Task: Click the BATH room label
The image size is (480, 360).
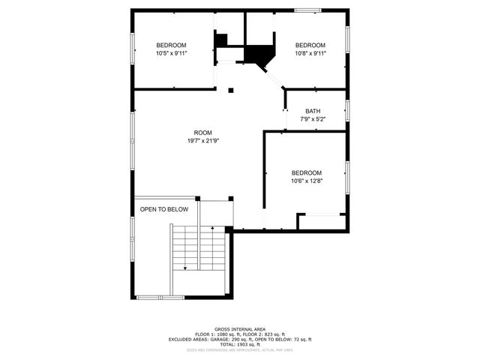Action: [312, 111]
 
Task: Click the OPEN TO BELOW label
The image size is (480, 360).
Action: [164, 209]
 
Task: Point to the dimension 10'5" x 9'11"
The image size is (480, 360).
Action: [171, 53]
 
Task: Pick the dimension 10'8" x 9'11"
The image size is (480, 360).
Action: [310, 53]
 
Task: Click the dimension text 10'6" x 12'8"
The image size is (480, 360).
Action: [306, 181]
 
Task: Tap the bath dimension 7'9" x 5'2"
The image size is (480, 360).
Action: [312, 119]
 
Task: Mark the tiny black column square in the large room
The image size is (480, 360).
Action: [231, 91]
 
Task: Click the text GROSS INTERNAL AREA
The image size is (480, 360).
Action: [239, 328]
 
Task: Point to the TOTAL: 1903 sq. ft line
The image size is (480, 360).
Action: [239, 344]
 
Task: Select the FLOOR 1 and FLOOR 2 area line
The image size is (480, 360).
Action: [239, 334]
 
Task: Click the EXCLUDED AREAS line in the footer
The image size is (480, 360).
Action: [239, 339]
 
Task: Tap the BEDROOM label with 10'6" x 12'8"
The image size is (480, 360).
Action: [306, 172]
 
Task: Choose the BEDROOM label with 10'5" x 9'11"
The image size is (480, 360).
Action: [171, 45]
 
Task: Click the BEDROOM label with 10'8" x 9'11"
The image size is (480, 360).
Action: [310, 45]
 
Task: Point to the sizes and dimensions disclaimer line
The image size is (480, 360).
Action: [239, 349]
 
